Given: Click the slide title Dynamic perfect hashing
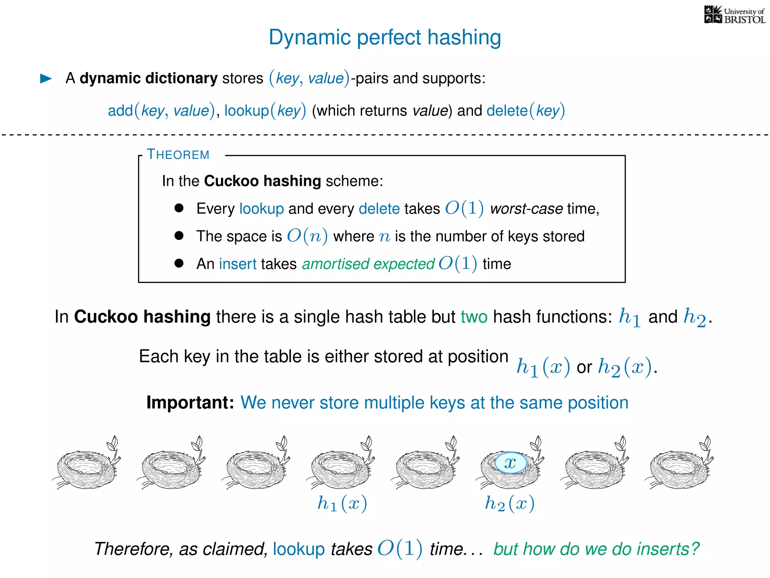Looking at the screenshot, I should point(385,38).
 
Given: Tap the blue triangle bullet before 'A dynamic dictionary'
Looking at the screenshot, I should point(46,79).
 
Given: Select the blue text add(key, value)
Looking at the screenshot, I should point(161,111).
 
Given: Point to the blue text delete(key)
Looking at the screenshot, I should point(525,111).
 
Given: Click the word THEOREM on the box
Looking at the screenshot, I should point(178,155).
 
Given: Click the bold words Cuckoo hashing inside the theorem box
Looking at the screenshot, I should point(262,181).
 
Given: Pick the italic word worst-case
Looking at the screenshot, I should point(526,208).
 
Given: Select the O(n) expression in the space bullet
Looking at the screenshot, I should point(307,236).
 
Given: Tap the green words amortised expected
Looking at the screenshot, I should point(368,264).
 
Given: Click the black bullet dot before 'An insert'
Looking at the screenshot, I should point(179,263).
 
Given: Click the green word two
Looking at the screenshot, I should point(474,317).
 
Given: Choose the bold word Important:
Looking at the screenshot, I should point(190,403).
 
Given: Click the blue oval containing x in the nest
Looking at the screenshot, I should point(510,463).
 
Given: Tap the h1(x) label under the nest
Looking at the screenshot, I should point(342,503).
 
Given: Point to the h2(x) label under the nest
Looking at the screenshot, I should point(509,503).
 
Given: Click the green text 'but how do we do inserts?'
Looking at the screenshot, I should point(596,549).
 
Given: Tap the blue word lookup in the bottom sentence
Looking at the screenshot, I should point(299,549).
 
